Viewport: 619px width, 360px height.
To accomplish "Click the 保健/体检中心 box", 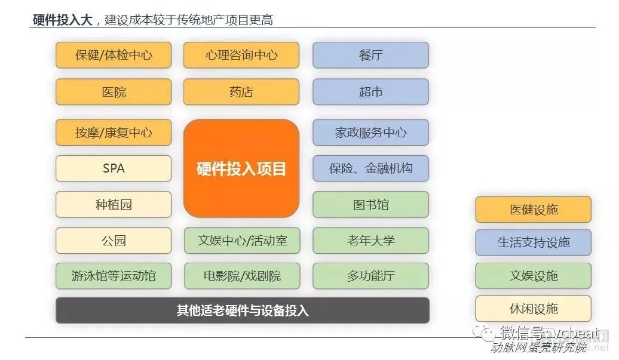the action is (x=114, y=56).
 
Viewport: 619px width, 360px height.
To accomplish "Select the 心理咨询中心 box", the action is (x=241, y=56).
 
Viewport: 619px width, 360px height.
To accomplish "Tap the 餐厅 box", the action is (x=370, y=56).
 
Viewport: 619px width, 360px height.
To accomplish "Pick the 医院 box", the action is (x=114, y=92).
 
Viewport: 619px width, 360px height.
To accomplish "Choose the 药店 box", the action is (x=241, y=92).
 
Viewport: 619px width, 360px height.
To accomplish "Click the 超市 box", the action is (x=370, y=92).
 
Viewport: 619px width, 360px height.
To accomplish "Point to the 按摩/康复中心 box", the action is (x=114, y=133).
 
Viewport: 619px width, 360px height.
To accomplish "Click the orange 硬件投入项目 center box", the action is (x=241, y=168).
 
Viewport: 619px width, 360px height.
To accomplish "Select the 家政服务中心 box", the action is (x=370, y=133).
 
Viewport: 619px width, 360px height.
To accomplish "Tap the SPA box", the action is (x=114, y=168).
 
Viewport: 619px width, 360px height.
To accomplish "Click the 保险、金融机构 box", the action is (x=370, y=168).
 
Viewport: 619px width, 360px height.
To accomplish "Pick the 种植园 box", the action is (x=114, y=205).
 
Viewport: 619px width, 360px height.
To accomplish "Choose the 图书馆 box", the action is (x=370, y=205).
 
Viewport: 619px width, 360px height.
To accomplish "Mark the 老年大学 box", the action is (x=370, y=241).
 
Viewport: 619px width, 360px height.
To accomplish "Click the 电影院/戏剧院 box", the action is (x=241, y=276).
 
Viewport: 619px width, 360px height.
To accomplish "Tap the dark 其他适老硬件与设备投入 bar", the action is (x=242, y=310).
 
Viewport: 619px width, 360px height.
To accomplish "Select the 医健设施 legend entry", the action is (x=533, y=210).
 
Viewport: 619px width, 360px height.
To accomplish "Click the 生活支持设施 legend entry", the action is (x=533, y=242).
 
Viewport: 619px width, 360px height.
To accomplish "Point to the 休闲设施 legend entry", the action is (x=533, y=309).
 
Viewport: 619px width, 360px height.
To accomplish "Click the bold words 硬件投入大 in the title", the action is (x=62, y=20).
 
